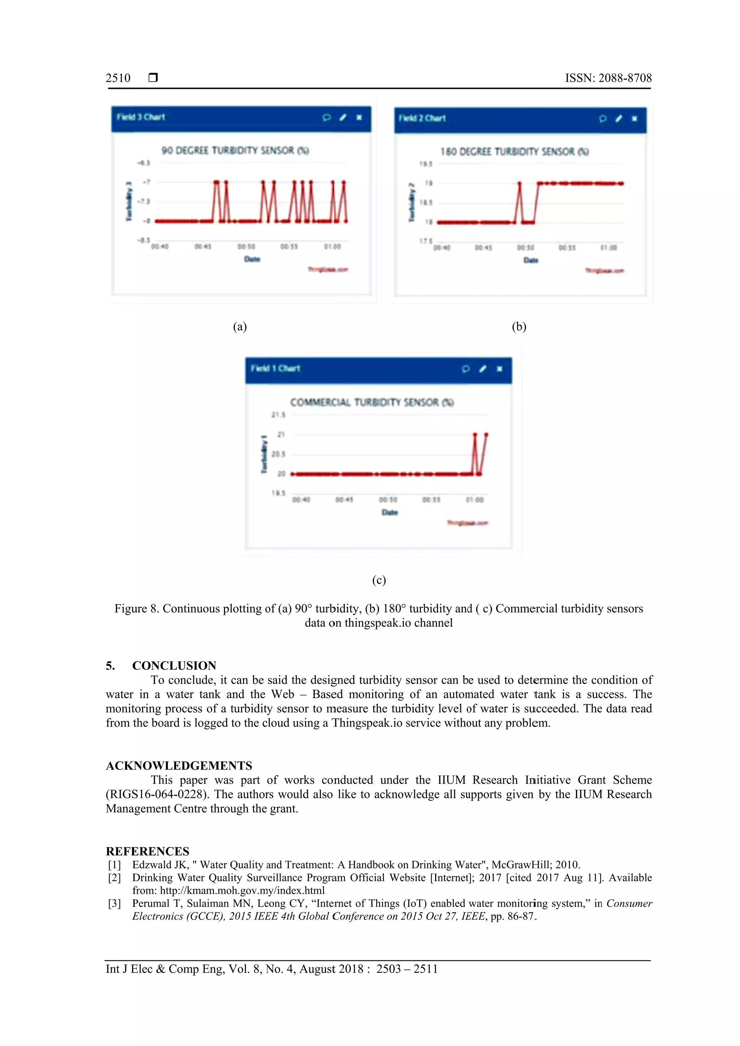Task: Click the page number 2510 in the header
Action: (118, 78)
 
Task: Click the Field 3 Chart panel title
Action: (141, 117)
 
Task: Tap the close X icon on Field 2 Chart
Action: (634, 119)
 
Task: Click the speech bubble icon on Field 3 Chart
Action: (326, 118)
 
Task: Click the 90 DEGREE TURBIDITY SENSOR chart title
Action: (235, 150)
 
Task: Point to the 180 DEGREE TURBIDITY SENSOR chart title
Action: (514, 152)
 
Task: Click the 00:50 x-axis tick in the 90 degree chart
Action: (246, 247)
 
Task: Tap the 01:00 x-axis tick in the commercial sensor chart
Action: (474, 500)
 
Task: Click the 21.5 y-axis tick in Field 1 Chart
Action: (278, 415)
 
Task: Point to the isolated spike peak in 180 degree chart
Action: (519, 183)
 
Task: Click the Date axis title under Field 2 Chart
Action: (531, 260)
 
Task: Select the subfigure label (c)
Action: (379, 580)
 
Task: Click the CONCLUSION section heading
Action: (174, 665)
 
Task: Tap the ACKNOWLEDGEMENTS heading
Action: (179, 765)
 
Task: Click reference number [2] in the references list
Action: (114, 877)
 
